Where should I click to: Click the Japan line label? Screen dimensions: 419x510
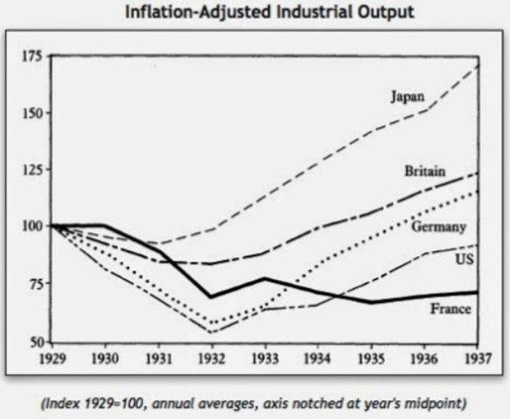click(x=407, y=97)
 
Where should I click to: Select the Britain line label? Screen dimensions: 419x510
click(x=424, y=171)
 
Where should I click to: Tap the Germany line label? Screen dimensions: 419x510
click(x=440, y=226)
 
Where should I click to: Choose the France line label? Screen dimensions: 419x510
click(x=450, y=309)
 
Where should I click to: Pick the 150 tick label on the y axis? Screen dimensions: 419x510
click(x=34, y=113)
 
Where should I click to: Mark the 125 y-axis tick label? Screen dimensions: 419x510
click(x=34, y=170)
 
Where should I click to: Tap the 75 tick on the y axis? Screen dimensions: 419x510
click(x=36, y=284)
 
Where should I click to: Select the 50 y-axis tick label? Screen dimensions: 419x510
click(x=36, y=340)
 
